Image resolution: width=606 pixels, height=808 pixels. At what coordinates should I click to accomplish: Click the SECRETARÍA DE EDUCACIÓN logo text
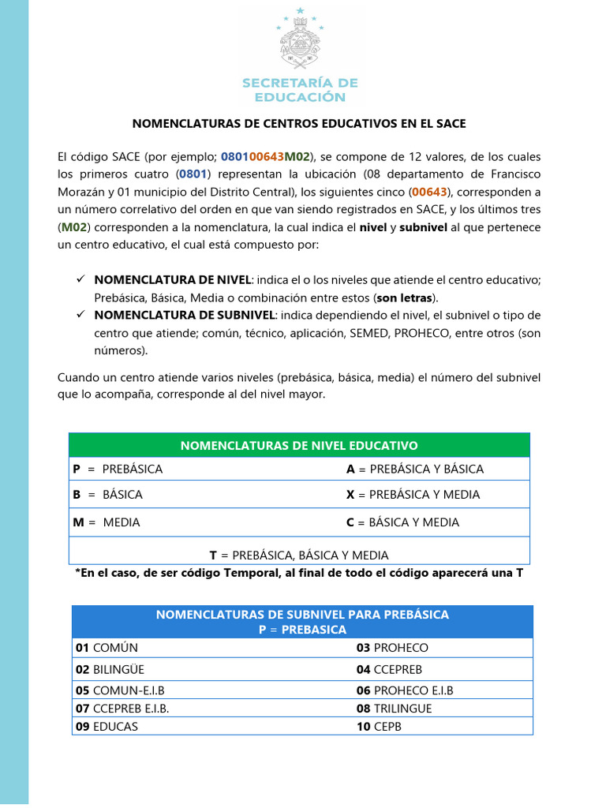[x=299, y=90]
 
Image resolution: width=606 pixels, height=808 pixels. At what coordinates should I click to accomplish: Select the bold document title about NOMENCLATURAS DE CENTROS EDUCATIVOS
[x=299, y=124]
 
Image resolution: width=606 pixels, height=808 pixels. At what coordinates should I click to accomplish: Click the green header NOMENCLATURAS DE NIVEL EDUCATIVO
[x=299, y=445]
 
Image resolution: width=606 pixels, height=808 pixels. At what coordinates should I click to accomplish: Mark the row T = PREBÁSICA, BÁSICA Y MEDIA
[x=299, y=555]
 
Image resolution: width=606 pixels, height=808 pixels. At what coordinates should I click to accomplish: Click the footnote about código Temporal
[x=299, y=573]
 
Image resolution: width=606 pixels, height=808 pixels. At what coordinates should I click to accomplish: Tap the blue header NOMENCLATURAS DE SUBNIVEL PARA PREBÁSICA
[x=302, y=622]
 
